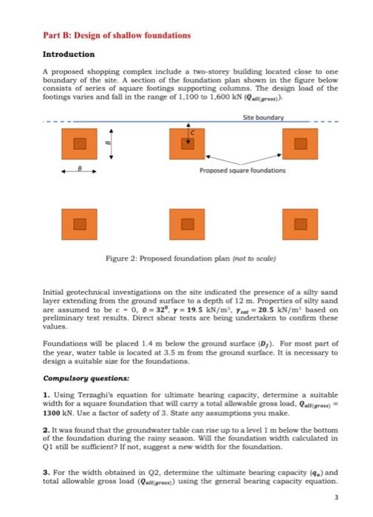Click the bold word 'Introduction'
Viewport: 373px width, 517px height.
click(x=69, y=54)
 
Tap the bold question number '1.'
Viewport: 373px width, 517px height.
click(x=46, y=394)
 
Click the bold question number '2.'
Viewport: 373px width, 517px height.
click(x=46, y=432)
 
